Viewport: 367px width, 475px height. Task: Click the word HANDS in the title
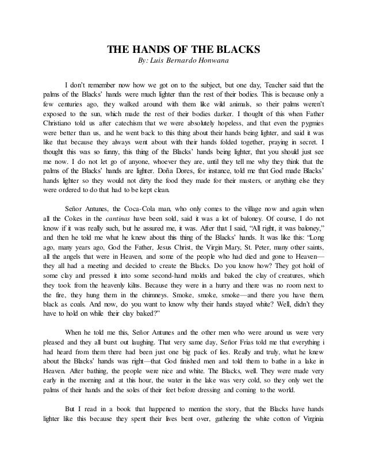point(149,49)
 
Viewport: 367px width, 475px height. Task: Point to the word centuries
point(75,105)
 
